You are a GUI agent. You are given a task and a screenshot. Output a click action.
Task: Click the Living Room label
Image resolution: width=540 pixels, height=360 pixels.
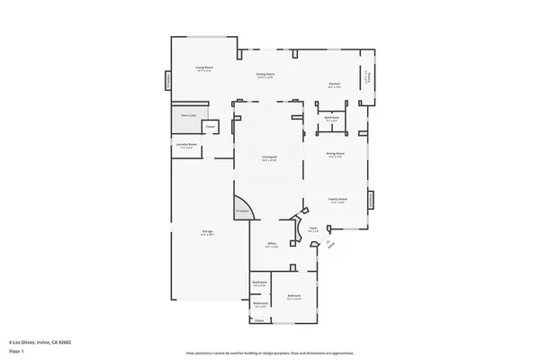point(204,68)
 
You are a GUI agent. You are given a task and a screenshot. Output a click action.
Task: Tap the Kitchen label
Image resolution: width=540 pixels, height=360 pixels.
point(334,85)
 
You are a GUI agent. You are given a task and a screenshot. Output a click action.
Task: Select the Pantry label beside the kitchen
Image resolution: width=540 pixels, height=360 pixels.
point(367,78)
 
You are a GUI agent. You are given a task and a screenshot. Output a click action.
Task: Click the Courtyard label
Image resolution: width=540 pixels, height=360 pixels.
point(268,157)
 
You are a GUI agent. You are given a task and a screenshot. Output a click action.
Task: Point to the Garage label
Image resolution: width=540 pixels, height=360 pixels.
point(207,233)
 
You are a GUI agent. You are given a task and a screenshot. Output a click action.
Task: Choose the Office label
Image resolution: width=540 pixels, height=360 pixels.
point(271,244)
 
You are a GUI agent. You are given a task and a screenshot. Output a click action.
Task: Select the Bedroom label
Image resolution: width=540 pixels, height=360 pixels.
point(294,296)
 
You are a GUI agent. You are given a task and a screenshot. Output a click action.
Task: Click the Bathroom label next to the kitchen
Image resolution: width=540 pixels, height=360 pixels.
point(331,118)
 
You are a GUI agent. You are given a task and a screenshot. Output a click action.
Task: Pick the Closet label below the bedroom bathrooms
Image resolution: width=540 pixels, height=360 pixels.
point(258,320)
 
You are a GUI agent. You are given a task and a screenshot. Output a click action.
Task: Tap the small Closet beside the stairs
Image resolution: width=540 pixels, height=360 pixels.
point(210,127)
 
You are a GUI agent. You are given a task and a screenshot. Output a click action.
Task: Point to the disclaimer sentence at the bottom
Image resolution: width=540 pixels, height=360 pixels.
point(269,353)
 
